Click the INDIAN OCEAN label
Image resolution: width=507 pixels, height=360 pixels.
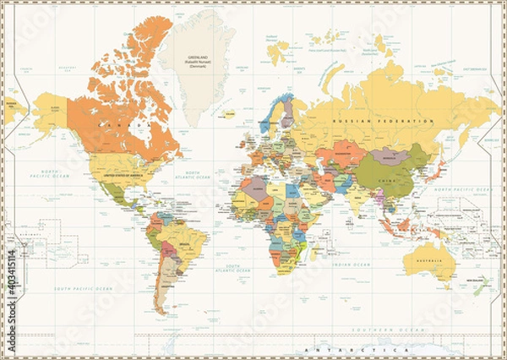pyautogui.click(x=350, y=265)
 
